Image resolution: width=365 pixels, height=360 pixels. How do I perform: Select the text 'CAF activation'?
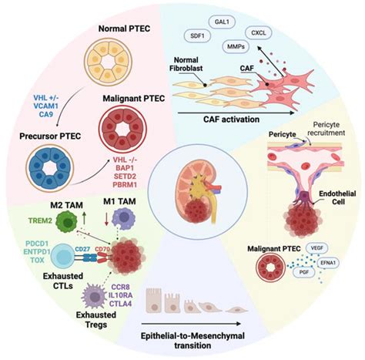tap(226, 119)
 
